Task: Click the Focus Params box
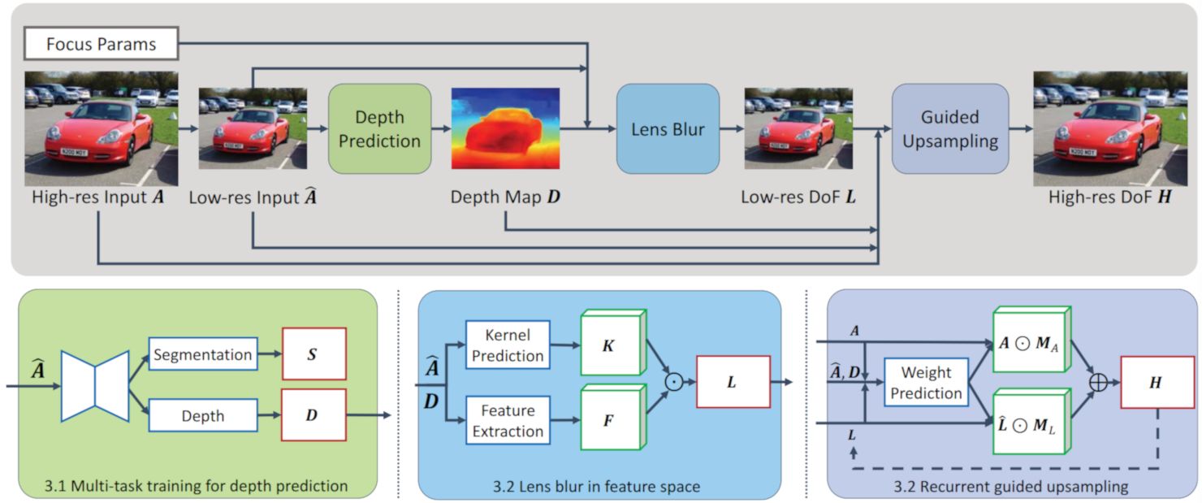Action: tap(102, 43)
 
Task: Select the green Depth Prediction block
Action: tap(379, 128)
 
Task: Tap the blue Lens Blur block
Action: tap(668, 128)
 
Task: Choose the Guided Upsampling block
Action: tap(949, 128)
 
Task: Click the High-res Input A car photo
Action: tap(102, 128)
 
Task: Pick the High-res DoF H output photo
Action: tap(1110, 128)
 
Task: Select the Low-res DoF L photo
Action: tap(798, 128)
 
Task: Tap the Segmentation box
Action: tap(201, 355)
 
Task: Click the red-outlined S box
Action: tap(313, 355)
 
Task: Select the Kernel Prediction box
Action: tap(508, 345)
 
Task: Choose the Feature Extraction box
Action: tap(508, 420)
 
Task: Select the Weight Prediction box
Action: tap(926, 383)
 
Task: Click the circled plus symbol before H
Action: tap(1097, 382)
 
